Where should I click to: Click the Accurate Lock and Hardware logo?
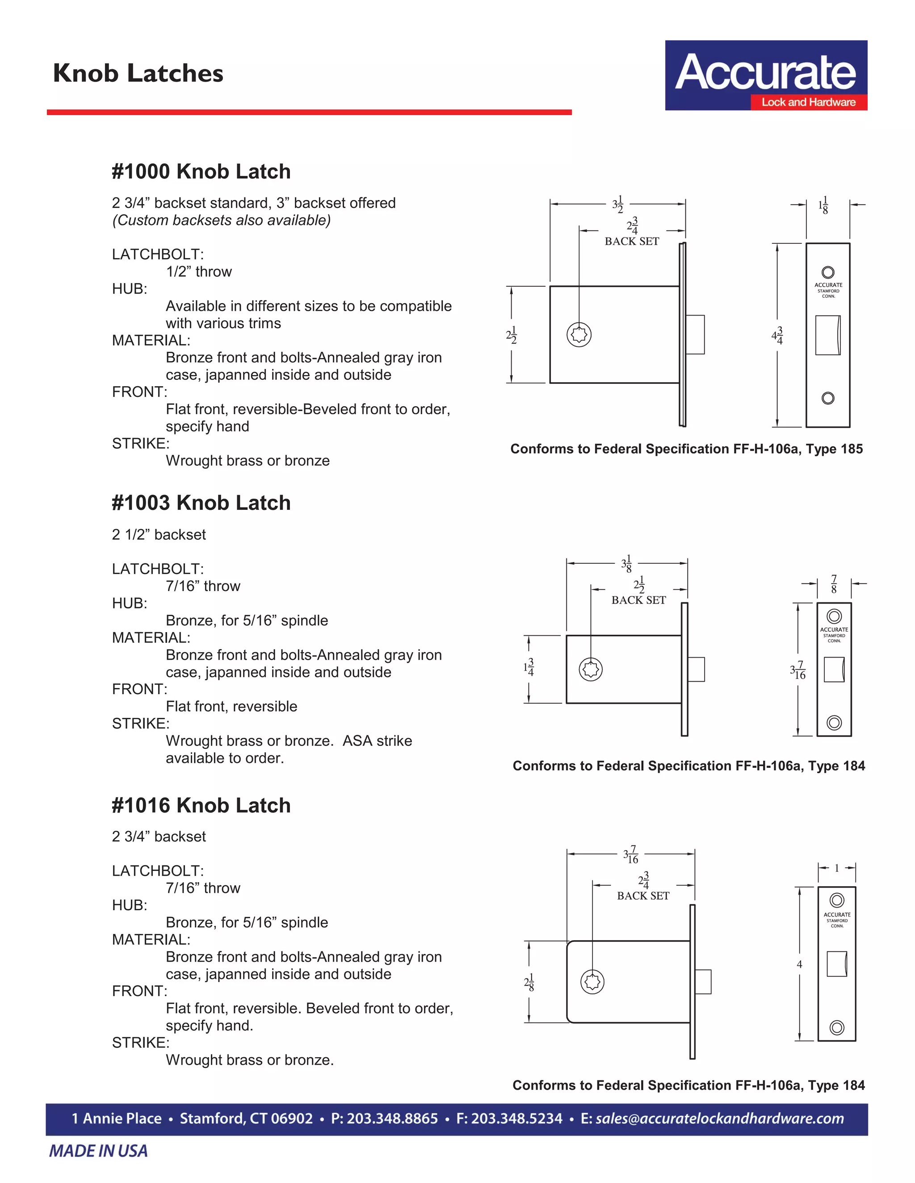coord(765,75)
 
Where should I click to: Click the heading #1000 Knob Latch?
coord(201,172)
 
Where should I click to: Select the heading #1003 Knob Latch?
coord(201,503)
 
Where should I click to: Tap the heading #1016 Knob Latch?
coord(201,805)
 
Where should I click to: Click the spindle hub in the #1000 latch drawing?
coord(579,334)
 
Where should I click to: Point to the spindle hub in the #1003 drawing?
coord(590,670)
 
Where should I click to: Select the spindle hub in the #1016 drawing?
coord(592,982)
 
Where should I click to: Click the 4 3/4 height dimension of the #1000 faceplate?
coord(778,336)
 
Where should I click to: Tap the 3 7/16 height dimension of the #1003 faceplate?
coord(798,671)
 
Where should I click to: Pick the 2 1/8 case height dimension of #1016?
coord(529,982)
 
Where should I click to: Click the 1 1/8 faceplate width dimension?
coord(823,205)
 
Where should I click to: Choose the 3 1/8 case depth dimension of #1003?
coord(627,564)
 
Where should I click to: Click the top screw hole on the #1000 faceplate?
coord(828,272)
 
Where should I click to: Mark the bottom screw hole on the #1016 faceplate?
coord(837,1027)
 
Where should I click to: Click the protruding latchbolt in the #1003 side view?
coord(696,670)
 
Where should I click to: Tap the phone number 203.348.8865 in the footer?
coord(384,1119)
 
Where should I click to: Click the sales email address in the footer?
coord(719,1119)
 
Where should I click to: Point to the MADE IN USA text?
coord(99,1151)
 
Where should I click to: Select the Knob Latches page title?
coord(138,73)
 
